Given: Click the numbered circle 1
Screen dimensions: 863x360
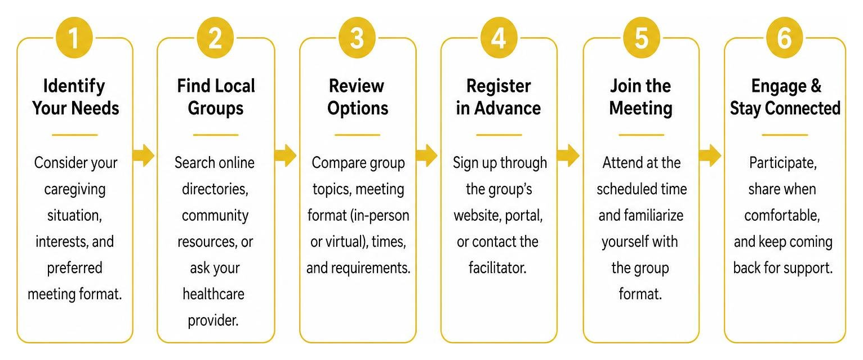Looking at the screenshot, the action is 74,38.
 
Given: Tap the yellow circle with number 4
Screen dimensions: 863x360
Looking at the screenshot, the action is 499,38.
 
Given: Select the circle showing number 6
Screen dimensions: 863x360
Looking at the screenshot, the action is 784,38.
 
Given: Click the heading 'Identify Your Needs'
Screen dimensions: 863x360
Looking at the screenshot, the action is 75,97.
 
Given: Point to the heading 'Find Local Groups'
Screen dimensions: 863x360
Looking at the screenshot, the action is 216,97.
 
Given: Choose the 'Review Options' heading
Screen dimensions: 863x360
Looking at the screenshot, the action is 358,97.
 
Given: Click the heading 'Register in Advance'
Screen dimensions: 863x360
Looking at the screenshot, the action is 499,97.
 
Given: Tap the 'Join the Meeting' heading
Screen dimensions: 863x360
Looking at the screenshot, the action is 640,97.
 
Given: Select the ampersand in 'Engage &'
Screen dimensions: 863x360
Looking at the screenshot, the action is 816,86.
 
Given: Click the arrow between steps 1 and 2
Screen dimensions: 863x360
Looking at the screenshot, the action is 143,155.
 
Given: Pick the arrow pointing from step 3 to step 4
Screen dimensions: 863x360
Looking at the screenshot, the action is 427,155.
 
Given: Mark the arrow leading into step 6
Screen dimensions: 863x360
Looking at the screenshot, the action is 710,155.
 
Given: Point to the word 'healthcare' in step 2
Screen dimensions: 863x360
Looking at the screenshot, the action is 213,294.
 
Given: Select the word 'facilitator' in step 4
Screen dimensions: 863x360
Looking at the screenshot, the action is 497,268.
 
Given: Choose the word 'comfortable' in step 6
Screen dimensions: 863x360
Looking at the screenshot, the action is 782,215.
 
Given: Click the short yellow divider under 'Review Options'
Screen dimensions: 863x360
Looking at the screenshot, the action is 358,135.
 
